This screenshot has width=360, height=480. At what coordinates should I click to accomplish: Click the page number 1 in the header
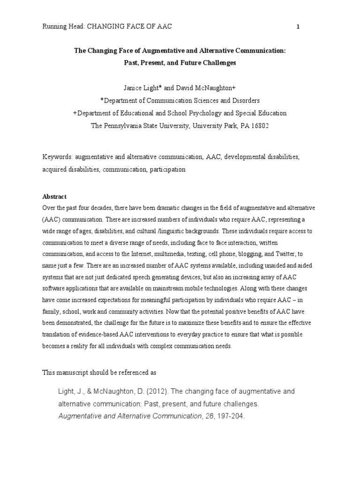tap(298, 27)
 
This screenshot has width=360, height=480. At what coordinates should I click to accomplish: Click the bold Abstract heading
tap(54, 197)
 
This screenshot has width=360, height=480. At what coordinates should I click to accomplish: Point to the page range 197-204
tap(231, 415)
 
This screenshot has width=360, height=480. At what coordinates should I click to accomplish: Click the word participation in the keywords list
tap(167, 170)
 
